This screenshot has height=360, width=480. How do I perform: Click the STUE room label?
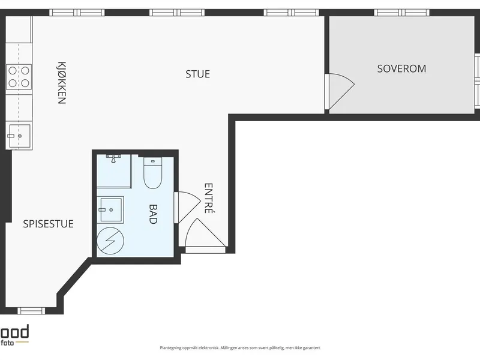(x=198, y=74)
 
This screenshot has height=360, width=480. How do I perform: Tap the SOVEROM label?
(x=401, y=68)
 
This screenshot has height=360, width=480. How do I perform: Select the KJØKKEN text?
(x=62, y=83)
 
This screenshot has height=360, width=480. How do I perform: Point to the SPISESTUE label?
(x=49, y=224)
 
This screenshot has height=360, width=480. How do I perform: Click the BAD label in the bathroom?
(x=153, y=214)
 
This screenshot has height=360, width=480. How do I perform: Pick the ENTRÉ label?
(x=208, y=198)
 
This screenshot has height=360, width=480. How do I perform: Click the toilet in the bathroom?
(x=152, y=173)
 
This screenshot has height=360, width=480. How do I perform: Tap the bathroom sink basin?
(x=110, y=209)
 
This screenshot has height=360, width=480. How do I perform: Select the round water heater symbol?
(x=110, y=241)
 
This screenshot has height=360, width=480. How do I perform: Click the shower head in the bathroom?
(x=113, y=158)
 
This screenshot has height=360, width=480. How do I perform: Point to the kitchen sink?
(x=19, y=136)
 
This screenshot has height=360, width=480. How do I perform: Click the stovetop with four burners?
(x=19, y=77)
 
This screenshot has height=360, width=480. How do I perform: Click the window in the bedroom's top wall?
(x=401, y=13)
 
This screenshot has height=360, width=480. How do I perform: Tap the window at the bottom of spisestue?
(x=31, y=311)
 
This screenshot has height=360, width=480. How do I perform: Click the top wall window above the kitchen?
(x=77, y=13)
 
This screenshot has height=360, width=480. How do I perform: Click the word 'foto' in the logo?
(x=7, y=343)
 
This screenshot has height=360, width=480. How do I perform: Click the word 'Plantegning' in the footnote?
(x=170, y=348)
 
